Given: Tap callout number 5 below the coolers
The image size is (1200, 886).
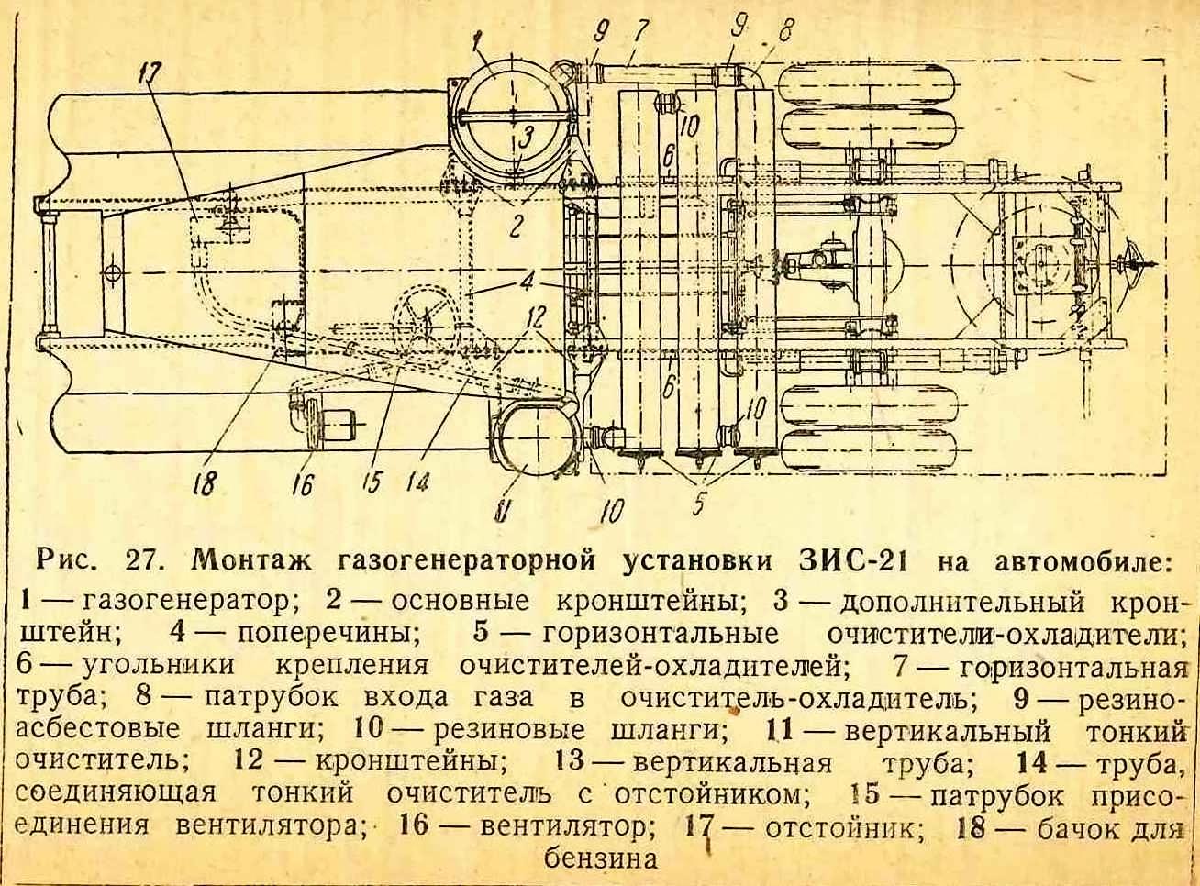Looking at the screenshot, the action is coord(698,503).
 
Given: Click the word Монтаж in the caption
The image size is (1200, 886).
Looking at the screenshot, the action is coord(252,561).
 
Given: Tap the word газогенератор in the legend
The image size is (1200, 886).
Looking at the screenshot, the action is coord(185,602).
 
